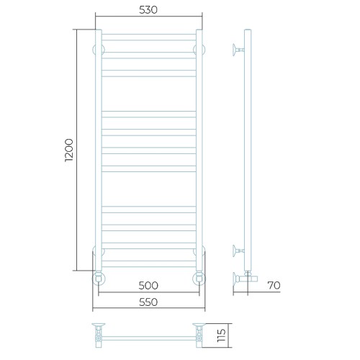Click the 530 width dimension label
[148, 10]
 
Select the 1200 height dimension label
[69, 150]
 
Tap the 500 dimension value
[148, 285]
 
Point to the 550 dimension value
[148, 302]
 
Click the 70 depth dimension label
[274, 285]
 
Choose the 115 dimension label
[221, 336]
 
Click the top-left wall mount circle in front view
[99, 50]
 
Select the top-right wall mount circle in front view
[199, 50]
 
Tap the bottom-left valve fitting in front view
[99, 279]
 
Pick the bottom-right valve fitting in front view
[199, 279]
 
